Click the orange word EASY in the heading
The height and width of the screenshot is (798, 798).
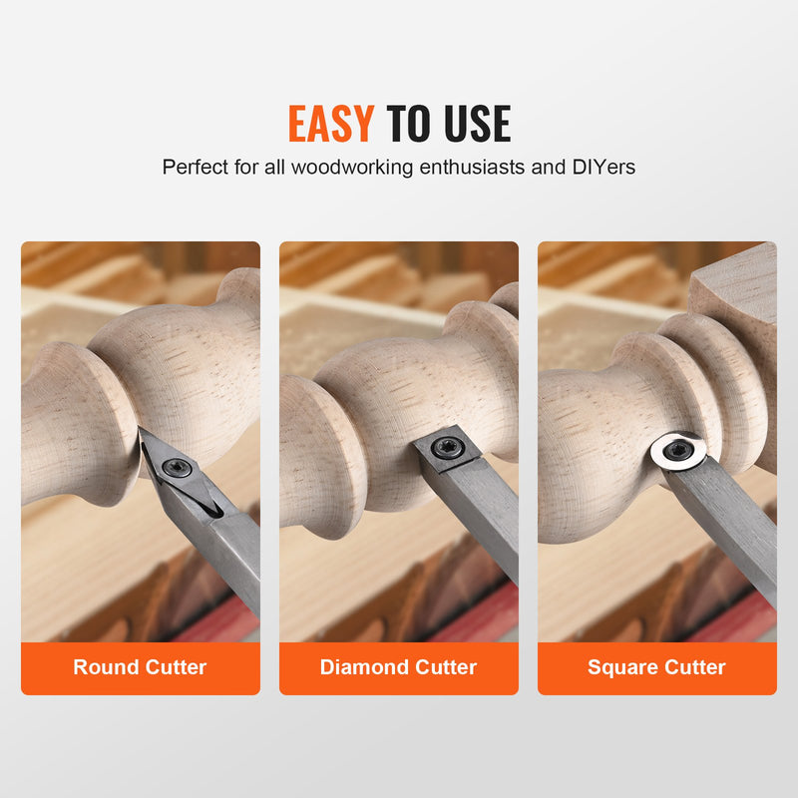pyautogui.click(x=330, y=123)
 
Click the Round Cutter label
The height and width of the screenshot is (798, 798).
pyautogui.click(x=140, y=667)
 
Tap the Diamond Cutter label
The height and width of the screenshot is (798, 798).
pyautogui.click(x=398, y=667)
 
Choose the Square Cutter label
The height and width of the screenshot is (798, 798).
pyautogui.click(x=656, y=667)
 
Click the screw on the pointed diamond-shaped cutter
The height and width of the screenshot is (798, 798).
pyautogui.click(x=180, y=467)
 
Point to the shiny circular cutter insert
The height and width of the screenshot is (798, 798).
pyautogui.click(x=680, y=450)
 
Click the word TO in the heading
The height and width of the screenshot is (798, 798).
pyautogui.click(x=407, y=123)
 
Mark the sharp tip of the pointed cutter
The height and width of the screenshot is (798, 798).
pyautogui.click(x=142, y=431)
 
